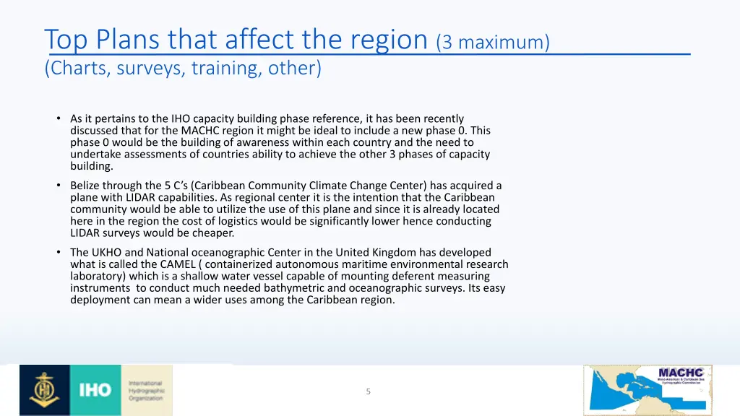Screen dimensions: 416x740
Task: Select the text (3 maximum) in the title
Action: pos(493,43)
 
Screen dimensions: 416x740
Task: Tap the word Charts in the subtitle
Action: pos(77,69)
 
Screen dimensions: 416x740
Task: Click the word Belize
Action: pos(85,186)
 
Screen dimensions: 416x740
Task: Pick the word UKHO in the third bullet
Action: pos(109,253)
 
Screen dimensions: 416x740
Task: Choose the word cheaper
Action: pos(213,233)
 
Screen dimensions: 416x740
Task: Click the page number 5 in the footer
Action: pos(368,391)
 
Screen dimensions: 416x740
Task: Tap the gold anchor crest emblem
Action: pos(45,390)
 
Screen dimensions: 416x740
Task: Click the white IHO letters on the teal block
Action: pos(95,390)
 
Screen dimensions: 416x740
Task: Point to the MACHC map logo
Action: pos(647,390)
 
